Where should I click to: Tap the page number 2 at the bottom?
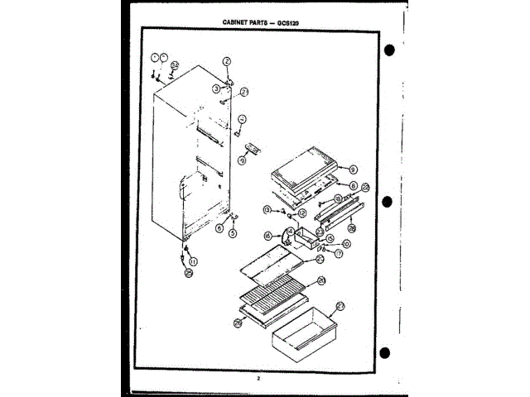(258, 377)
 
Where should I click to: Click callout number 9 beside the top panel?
(353, 167)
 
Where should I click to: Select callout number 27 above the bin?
(340, 305)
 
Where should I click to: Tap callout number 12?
(301, 213)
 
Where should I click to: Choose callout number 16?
(267, 235)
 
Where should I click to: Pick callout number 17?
(339, 254)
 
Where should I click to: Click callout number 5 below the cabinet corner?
(233, 234)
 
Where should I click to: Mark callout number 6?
(219, 227)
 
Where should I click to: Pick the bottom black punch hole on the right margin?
(388, 356)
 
